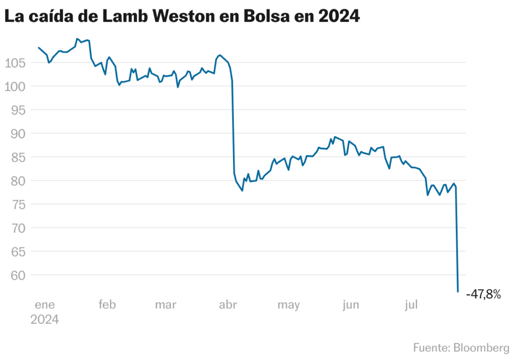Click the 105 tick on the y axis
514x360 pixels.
[15, 63]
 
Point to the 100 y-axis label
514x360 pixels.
[15, 86]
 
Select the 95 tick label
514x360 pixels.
[17, 110]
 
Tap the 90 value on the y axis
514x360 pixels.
[17, 134]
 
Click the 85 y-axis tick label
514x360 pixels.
[17, 157]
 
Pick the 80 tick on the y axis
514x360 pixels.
[17, 181]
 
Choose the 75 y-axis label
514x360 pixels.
[17, 204]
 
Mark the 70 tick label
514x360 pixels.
[17, 228]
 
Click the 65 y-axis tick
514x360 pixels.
[17, 252]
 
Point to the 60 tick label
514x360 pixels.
[17, 275]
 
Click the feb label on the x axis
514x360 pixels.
[107, 305]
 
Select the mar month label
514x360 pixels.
[166, 305]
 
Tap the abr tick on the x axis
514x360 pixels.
[227, 305]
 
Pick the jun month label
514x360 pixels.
[350, 305]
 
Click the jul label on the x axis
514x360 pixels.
[411, 305]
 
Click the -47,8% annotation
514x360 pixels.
[483, 295]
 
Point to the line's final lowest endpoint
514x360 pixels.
[458, 291]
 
